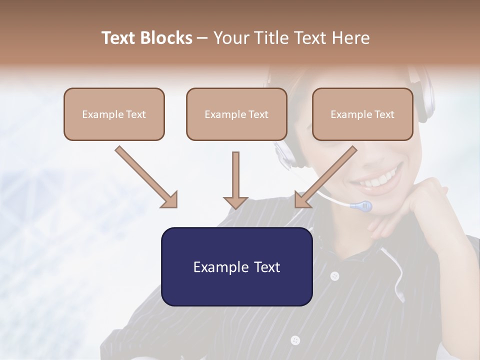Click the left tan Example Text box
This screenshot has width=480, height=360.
(114, 114)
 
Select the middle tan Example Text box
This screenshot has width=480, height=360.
(236, 114)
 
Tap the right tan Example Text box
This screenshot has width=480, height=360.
(362, 114)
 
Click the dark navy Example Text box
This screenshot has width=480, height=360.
(236, 266)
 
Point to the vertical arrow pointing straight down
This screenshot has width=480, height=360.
(235, 180)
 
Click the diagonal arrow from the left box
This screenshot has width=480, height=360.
(145, 176)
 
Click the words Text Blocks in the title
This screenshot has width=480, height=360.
(147, 38)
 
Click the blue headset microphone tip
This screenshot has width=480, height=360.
(362, 205)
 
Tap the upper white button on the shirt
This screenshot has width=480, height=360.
(334, 275)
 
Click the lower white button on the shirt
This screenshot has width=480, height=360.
(295, 340)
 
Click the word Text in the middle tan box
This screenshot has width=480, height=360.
(258, 114)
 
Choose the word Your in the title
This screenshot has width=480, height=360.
(230, 38)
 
